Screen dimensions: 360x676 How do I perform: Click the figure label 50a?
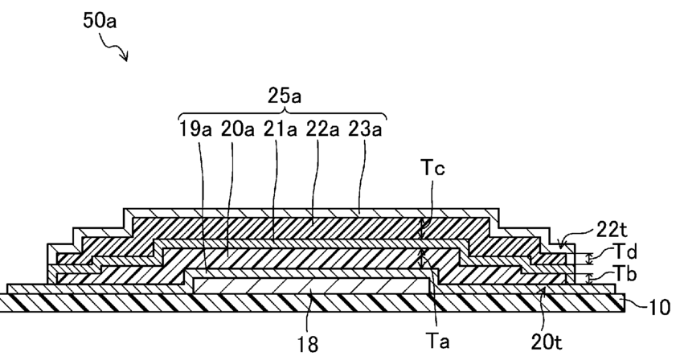[100, 22]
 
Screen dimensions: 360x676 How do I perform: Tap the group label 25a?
[284, 97]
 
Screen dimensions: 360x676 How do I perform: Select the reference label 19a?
[195, 128]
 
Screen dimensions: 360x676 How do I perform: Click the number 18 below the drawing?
[309, 343]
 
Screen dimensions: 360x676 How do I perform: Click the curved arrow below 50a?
[119, 52]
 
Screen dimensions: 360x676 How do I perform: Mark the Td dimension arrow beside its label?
[588, 259]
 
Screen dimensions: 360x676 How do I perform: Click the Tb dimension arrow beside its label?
[588, 278]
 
